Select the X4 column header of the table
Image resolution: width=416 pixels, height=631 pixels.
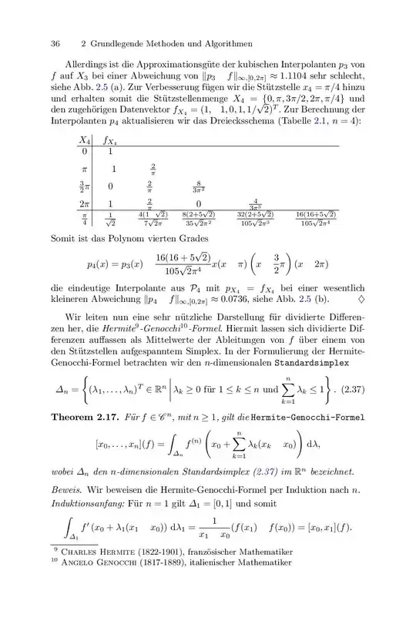[85, 140]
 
